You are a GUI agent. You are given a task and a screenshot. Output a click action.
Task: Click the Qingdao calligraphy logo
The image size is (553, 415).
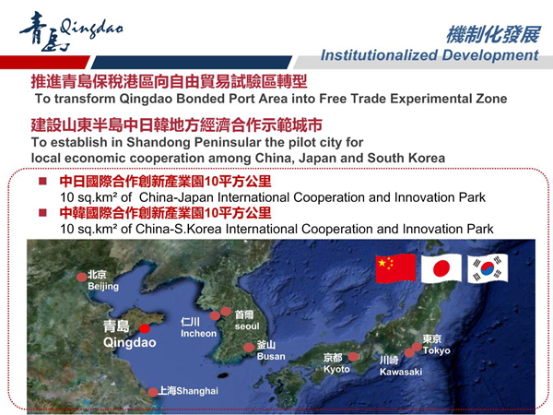(71, 31)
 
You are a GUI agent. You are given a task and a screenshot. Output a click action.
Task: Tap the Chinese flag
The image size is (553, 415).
(395, 268)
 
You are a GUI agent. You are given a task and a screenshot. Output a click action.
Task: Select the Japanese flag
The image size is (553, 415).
(441, 268)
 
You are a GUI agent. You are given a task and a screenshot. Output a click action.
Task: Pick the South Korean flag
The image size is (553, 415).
(488, 268)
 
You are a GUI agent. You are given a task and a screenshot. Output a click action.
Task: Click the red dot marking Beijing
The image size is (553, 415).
(82, 277)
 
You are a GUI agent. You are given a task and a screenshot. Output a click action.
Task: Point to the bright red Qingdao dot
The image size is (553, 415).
(145, 329)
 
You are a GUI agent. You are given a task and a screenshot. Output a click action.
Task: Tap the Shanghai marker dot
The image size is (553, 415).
(153, 392)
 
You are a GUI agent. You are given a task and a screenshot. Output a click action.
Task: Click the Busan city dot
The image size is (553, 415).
(249, 348)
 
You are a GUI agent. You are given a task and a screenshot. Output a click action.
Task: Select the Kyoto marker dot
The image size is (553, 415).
(353, 357)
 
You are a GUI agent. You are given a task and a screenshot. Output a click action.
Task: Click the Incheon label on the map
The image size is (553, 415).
(198, 334)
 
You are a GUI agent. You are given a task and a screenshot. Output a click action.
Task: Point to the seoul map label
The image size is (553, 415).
(247, 326)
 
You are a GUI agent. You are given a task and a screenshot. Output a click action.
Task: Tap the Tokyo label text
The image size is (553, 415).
(437, 350)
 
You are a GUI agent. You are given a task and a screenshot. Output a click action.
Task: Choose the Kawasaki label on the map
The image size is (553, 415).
(401, 372)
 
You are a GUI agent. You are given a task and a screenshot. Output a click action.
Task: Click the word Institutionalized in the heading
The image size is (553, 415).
(379, 55)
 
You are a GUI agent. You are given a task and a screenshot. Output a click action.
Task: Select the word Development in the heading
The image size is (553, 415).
(490, 56)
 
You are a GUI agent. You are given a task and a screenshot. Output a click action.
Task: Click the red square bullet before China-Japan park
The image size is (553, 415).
(42, 181)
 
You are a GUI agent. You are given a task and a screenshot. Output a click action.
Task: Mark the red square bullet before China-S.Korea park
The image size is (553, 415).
(42, 213)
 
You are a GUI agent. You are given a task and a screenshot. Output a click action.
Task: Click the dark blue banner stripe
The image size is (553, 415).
(191, 62)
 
